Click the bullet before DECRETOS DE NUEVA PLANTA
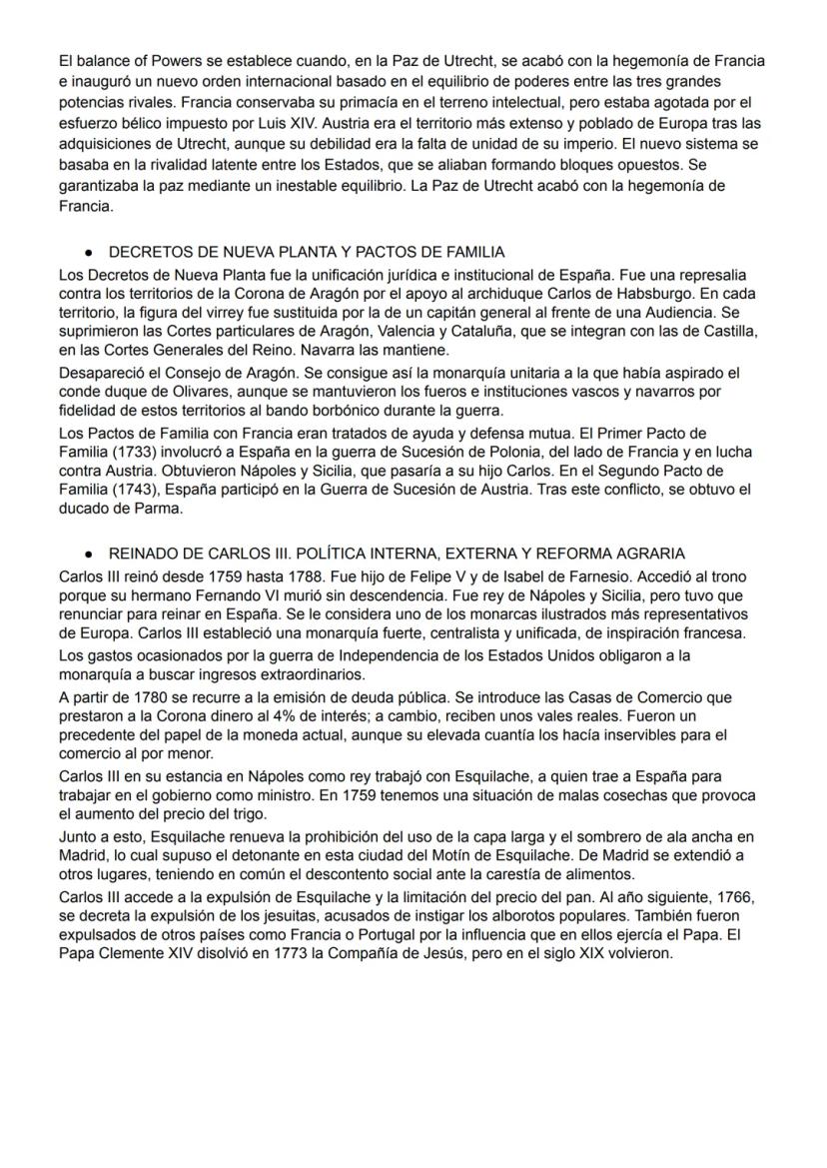pyautogui.click(x=89, y=253)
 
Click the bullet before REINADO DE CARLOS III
pyautogui.click(x=89, y=554)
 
